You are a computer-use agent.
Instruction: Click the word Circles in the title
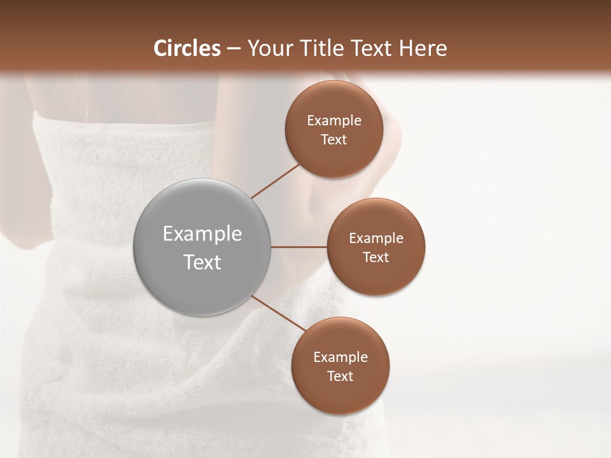pyautogui.click(x=186, y=48)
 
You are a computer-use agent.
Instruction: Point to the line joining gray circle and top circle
pyautogui.click(x=275, y=181)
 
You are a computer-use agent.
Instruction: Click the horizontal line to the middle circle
pyautogui.click(x=299, y=247)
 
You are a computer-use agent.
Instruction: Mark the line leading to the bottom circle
pyautogui.click(x=279, y=314)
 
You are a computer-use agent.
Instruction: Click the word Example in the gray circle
pyautogui.click(x=202, y=234)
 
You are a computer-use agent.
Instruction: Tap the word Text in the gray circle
pyautogui.click(x=202, y=262)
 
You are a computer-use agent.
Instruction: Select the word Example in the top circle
pyautogui.click(x=334, y=121)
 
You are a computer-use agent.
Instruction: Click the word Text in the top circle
pyautogui.click(x=334, y=140)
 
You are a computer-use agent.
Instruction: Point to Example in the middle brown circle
pyautogui.click(x=376, y=239)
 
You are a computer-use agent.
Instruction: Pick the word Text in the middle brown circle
pyautogui.click(x=376, y=258)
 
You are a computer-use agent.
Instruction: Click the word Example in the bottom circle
pyautogui.click(x=340, y=357)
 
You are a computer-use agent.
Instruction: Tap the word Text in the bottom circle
pyautogui.click(x=340, y=377)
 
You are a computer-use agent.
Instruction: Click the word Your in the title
pyautogui.click(x=267, y=48)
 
